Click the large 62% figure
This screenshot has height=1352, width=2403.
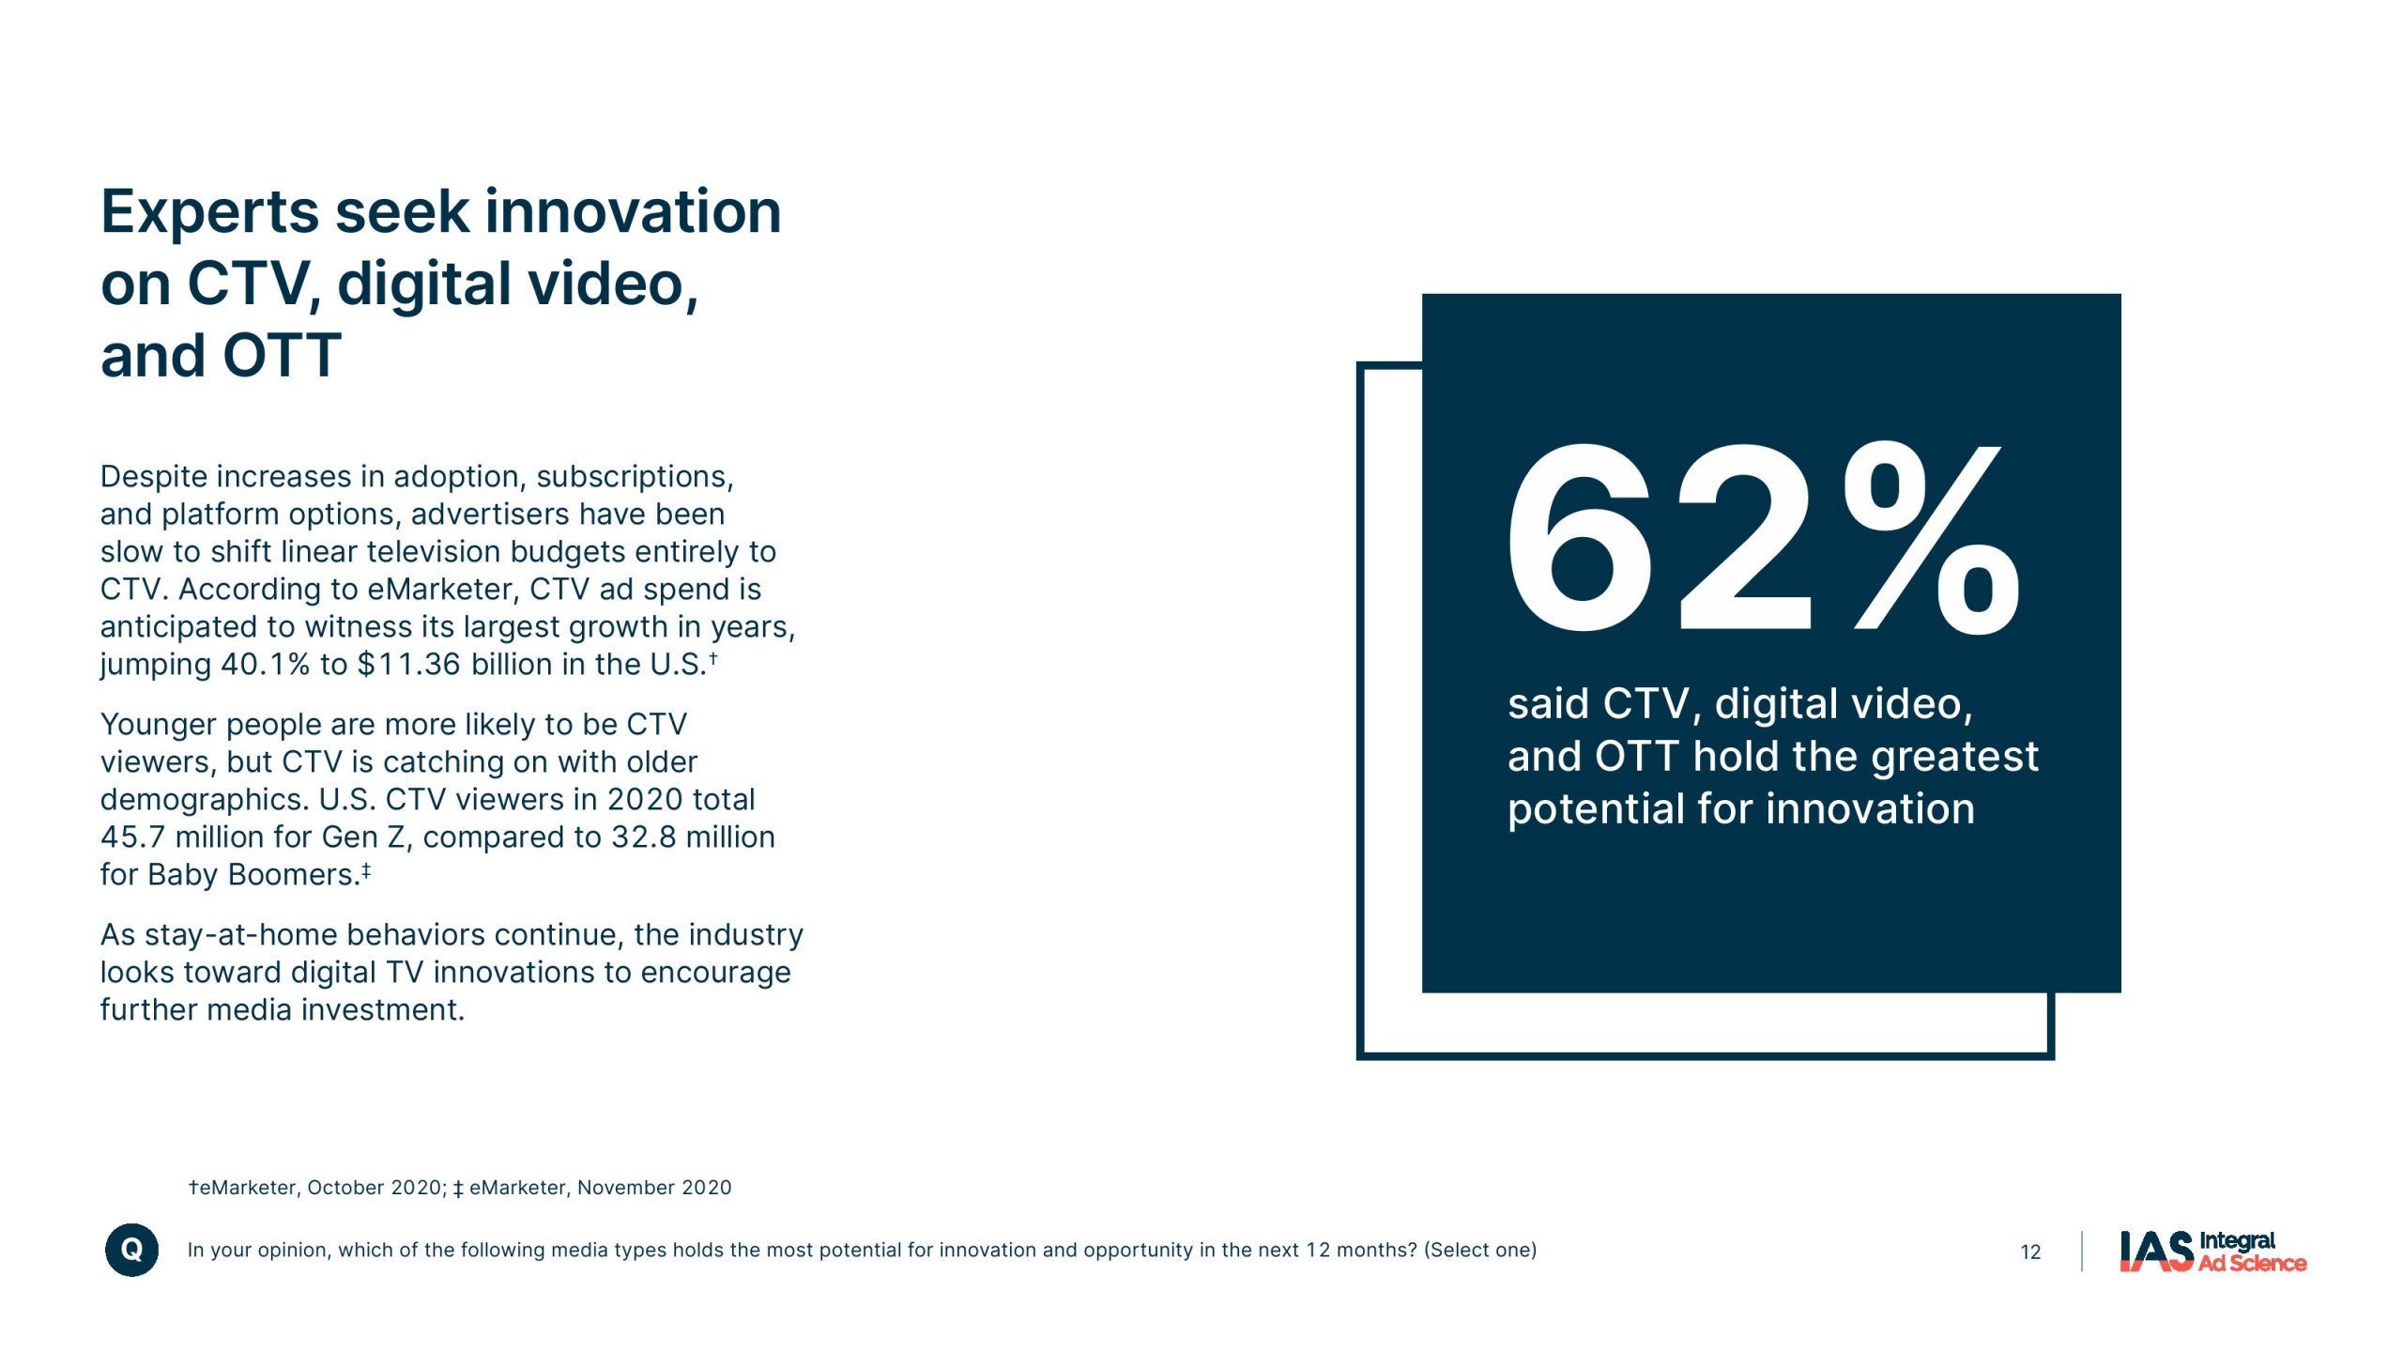[x=1763, y=538]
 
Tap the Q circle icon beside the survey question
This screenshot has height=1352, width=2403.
[x=131, y=1250]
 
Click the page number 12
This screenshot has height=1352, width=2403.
[x=2030, y=1252]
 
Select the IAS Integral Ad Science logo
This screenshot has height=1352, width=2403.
[x=2212, y=1252]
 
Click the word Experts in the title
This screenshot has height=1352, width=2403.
[x=211, y=212]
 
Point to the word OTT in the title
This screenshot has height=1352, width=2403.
[x=282, y=357]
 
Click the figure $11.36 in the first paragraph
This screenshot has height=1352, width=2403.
[x=409, y=665]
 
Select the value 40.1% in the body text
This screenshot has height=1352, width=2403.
[x=265, y=665]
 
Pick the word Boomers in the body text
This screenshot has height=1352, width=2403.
[x=294, y=874]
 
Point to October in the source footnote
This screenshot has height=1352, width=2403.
[x=344, y=1188]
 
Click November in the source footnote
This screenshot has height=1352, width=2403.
[x=625, y=1188]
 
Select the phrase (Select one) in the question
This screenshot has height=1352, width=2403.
[x=1480, y=1251]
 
